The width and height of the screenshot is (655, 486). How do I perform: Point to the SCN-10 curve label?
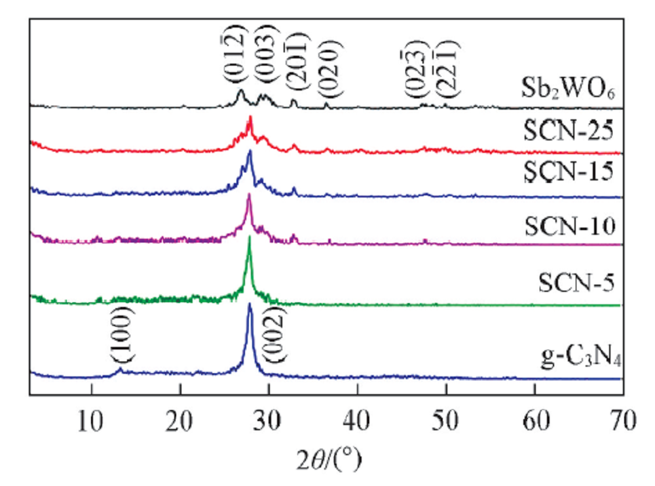point(571,226)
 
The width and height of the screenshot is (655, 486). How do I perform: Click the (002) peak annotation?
point(273,334)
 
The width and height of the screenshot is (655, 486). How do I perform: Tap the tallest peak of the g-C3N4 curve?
point(250,304)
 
